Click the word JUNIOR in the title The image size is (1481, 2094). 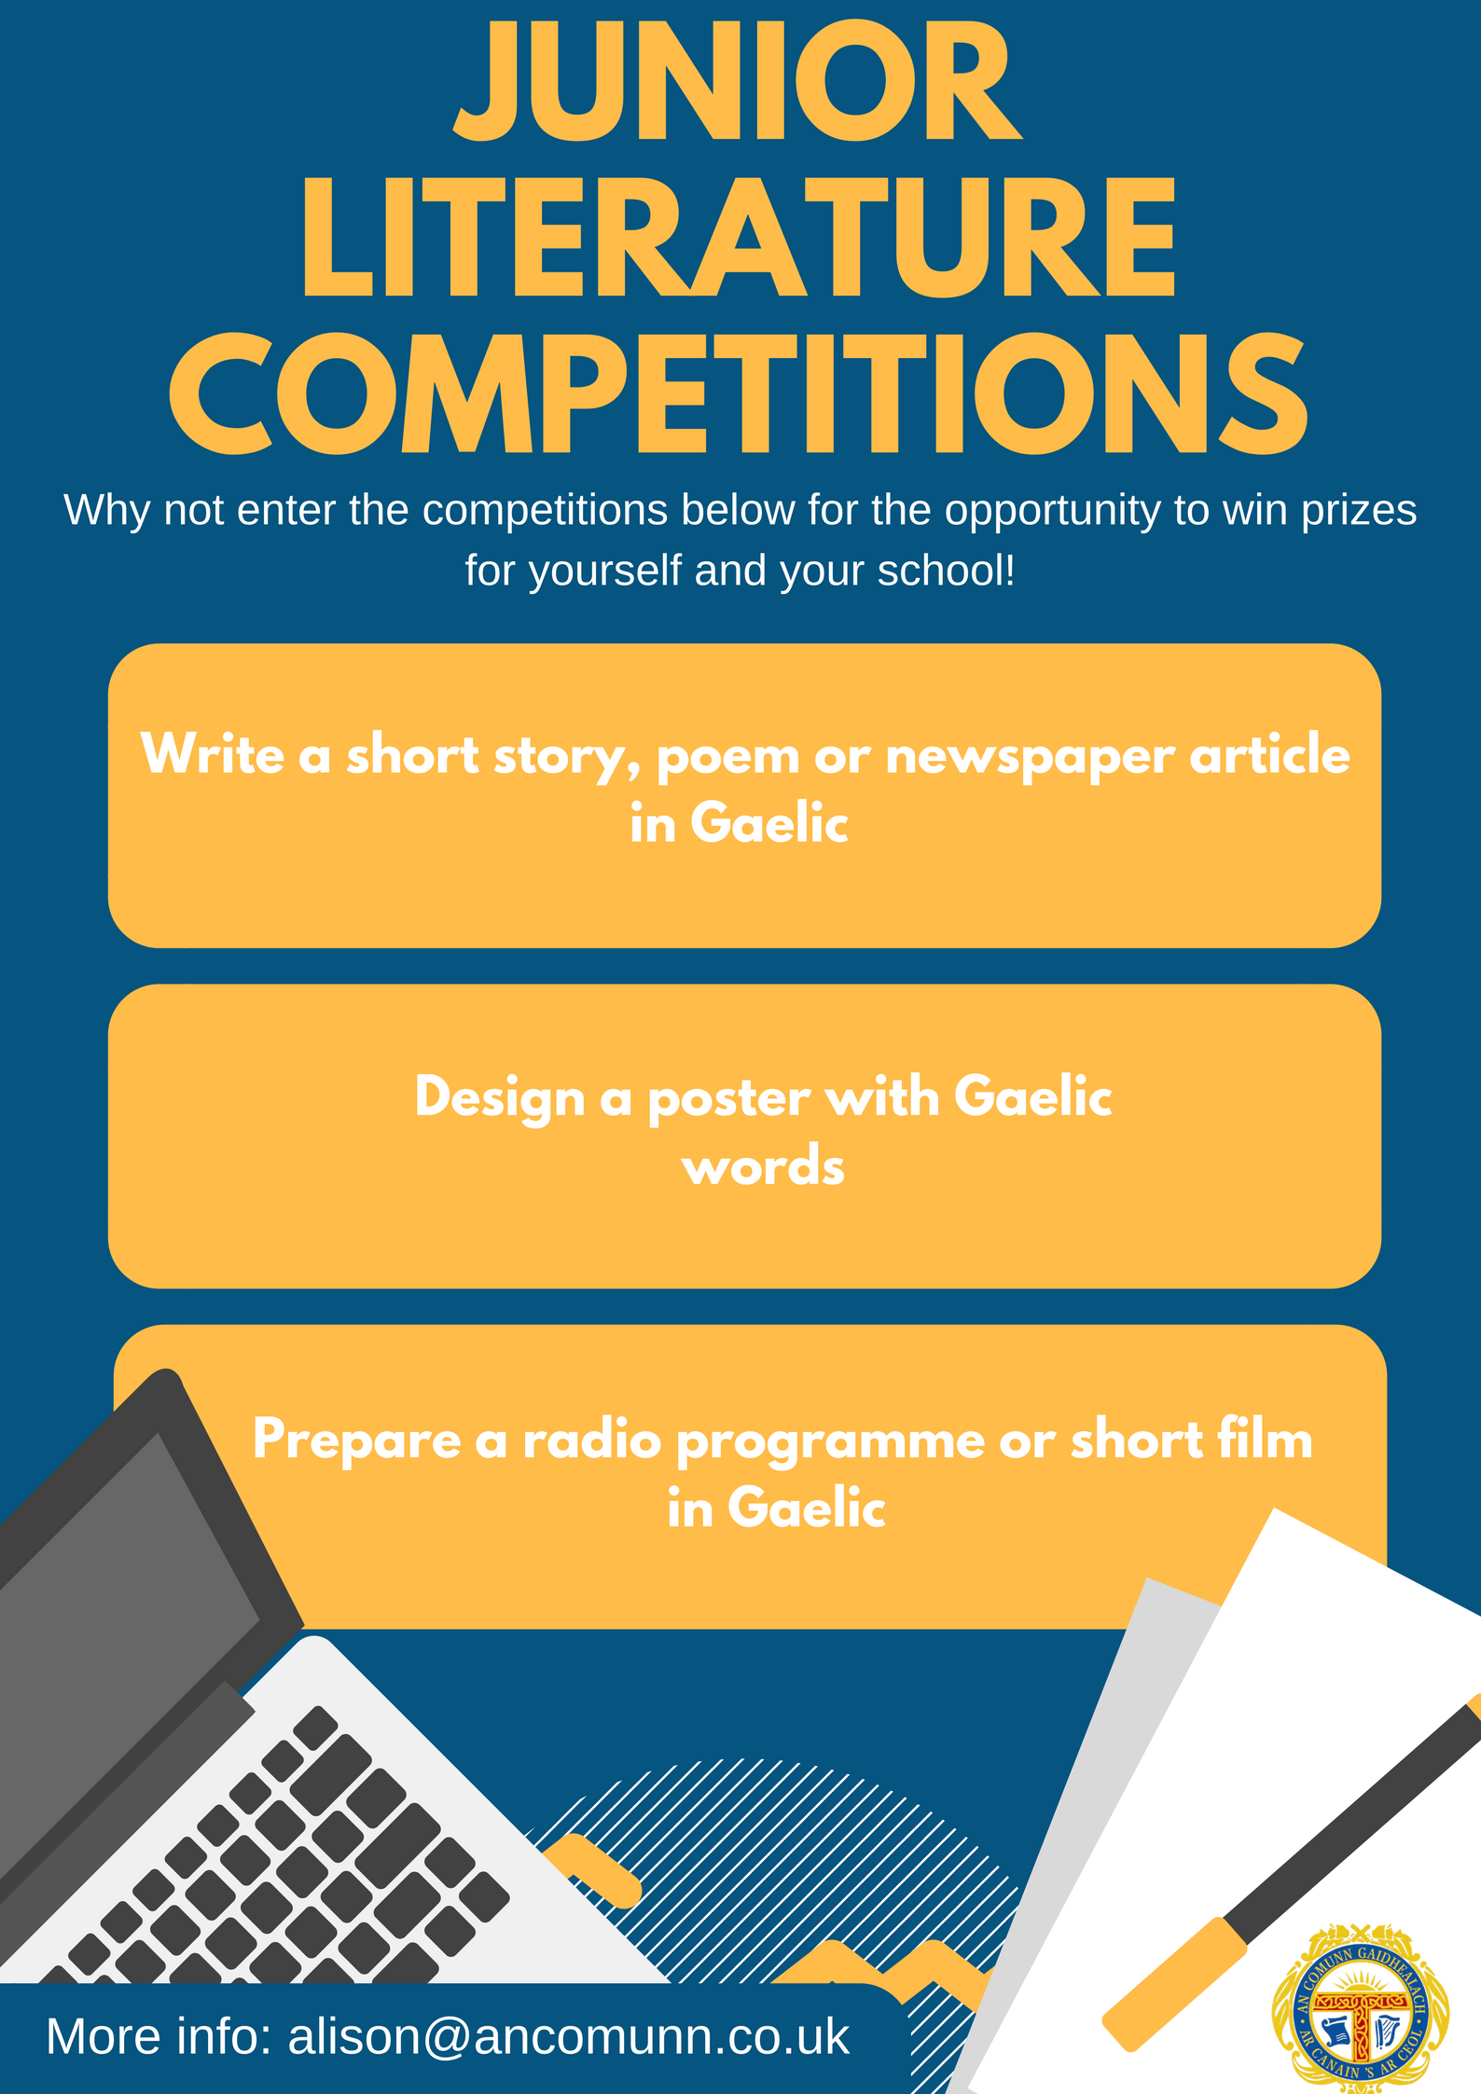pyautogui.click(x=739, y=82)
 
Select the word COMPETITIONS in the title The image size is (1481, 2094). pyautogui.click(x=739, y=393)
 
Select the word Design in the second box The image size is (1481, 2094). pyautogui.click(x=500, y=1098)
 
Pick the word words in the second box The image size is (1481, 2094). pyautogui.click(x=763, y=1165)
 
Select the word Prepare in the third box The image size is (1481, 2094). pyautogui.click(x=356, y=1441)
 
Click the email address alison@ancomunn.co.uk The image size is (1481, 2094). pyautogui.click(x=569, y=2036)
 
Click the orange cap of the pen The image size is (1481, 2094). pyautogui.click(x=1175, y=1983)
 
